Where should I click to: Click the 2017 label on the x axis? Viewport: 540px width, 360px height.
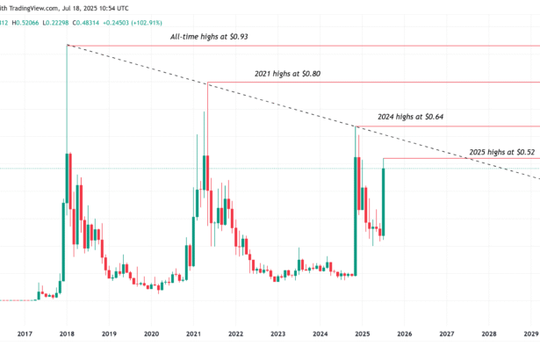[x=25, y=335]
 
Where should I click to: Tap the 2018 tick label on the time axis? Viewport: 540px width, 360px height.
[x=67, y=335]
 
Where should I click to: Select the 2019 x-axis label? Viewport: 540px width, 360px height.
[x=109, y=335]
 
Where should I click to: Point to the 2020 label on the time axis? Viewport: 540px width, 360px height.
[x=151, y=335]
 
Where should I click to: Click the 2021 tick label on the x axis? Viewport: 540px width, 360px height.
[x=193, y=335]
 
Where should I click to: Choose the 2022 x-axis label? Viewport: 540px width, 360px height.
[x=235, y=335]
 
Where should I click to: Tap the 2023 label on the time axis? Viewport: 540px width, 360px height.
[x=277, y=335]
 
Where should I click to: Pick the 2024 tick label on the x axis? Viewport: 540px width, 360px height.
[x=320, y=335]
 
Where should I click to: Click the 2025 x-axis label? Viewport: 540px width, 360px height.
[x=362, y=335]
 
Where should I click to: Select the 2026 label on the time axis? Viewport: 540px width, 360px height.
[x=404, y=335]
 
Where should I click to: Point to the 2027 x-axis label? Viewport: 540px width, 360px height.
[x=446, y=335]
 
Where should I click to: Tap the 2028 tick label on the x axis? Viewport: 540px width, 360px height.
[x=488, y=335]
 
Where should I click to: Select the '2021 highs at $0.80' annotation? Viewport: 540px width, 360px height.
[x=281, y=74]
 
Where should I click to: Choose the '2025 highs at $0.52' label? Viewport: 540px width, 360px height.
[x=501, y=152]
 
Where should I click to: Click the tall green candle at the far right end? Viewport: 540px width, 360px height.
[x=385, y=198]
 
